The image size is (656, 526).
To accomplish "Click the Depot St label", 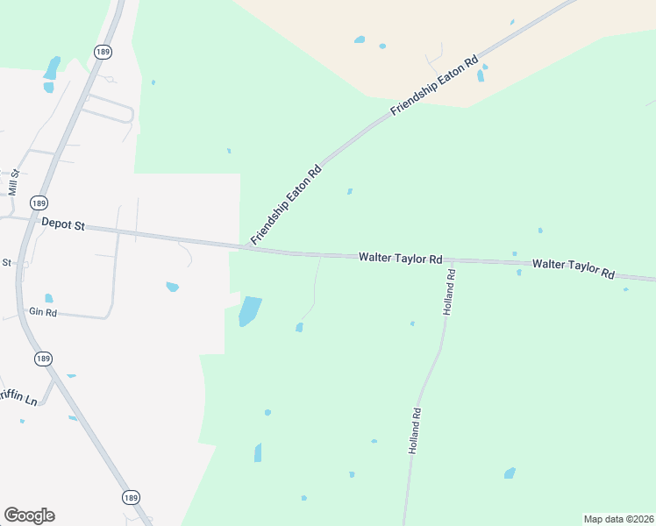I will [x=63, y=225].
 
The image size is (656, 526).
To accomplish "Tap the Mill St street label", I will [x=13, y=183].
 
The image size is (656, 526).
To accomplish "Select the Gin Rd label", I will [x=42, y=312].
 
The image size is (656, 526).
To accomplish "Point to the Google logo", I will [x=29, y=515].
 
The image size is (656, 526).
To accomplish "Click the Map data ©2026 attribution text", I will [x=617, y=519].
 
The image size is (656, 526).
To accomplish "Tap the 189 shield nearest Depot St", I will [x=38, y=203].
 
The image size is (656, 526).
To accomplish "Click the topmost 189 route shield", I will [x=104, y=53].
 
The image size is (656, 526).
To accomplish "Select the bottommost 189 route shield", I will [x=130, y=497].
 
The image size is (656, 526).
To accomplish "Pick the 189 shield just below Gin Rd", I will [x=43, y=359].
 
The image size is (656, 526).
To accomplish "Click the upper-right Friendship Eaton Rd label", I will [x=436, y=84].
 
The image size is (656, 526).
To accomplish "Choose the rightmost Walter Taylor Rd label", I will [x=573, y=268].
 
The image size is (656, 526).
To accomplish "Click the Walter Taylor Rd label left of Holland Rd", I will [x=400, y=259].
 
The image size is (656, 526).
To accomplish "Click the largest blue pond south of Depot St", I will [x=249, y=311].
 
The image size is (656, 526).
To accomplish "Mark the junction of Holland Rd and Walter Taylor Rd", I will [x=453, y=261].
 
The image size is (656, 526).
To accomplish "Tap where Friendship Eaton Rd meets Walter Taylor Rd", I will [x=248, y=248].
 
